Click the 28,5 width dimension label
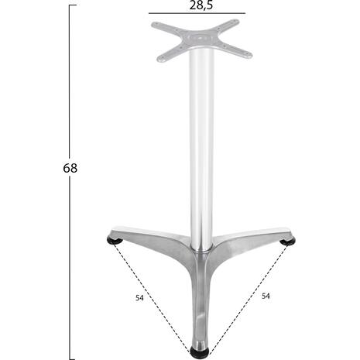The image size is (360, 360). [201, 5]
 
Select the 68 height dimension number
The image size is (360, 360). [70, 168]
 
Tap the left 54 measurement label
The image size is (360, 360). [139, 298]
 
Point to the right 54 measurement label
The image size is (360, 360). [266, 297]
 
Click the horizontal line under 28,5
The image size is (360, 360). [197, 13]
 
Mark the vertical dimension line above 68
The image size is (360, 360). [70, 81]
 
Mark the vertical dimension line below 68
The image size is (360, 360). [70, 268]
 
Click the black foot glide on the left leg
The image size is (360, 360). [115, 241]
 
